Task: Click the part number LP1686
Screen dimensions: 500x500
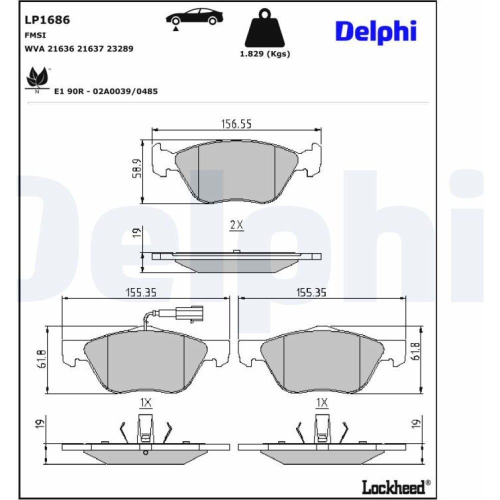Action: (47, 20)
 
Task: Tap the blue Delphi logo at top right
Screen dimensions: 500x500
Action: (376, 32)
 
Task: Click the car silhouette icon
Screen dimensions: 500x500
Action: (194, 17)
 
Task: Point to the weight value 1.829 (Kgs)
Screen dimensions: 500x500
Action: (265, 53)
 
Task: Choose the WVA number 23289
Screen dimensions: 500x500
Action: (120, 49)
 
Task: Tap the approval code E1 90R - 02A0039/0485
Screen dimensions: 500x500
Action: (106, 91)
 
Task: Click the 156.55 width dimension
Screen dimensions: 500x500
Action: (236, 123)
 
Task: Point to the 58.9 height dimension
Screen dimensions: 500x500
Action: (137, 168)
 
